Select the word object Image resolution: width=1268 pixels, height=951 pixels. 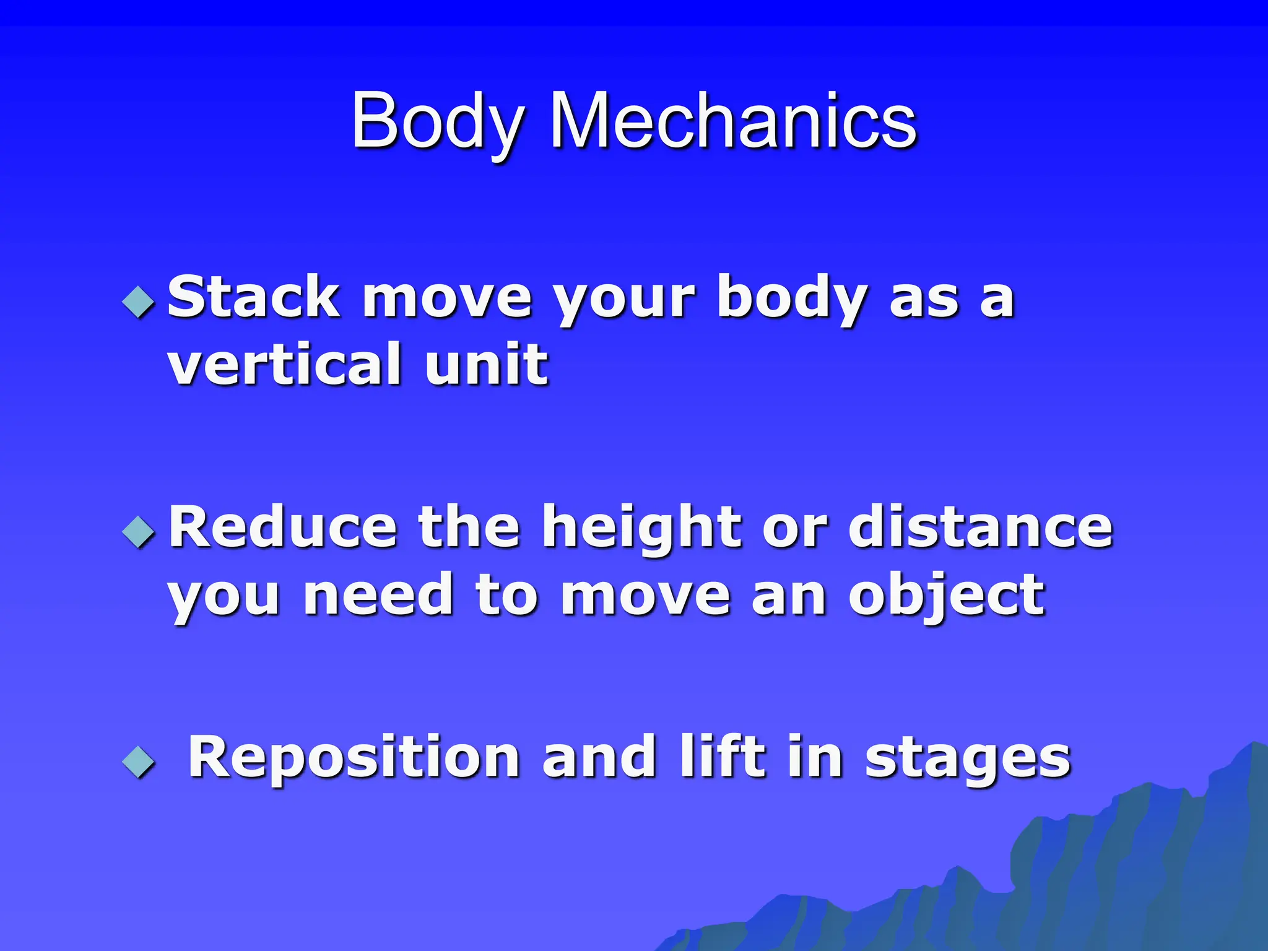[x=947, y=596]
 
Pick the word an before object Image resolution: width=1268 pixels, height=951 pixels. [x=789, y=596]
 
